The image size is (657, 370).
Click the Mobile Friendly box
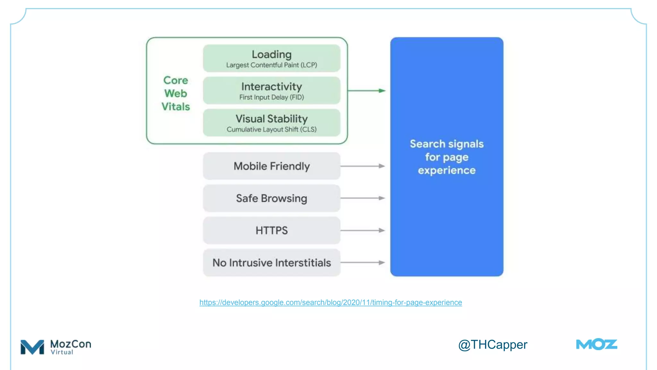click(271, 166)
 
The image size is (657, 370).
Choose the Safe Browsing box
click(271, 198)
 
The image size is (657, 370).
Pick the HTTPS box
click(271, 230)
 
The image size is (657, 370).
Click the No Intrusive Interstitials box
click(271, 263)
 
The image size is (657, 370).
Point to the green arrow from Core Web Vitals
click(366, 91)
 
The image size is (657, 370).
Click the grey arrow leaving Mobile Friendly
click(363, 166)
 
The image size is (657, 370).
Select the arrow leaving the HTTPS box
click(363, 230)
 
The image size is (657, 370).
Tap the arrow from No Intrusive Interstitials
click(363, 263)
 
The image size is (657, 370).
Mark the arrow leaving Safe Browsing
click(363, 198)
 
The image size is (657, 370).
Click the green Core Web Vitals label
click(175, 93)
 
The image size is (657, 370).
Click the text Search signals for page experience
click(447, 157)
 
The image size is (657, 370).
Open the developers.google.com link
click(330, 303)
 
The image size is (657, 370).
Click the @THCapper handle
click(492, 345)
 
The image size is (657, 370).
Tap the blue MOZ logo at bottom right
click(596, 344)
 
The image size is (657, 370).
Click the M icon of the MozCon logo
click(32, 347)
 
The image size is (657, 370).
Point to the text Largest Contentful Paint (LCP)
click(271, 65)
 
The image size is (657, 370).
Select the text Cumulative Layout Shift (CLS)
click(271, 129)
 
